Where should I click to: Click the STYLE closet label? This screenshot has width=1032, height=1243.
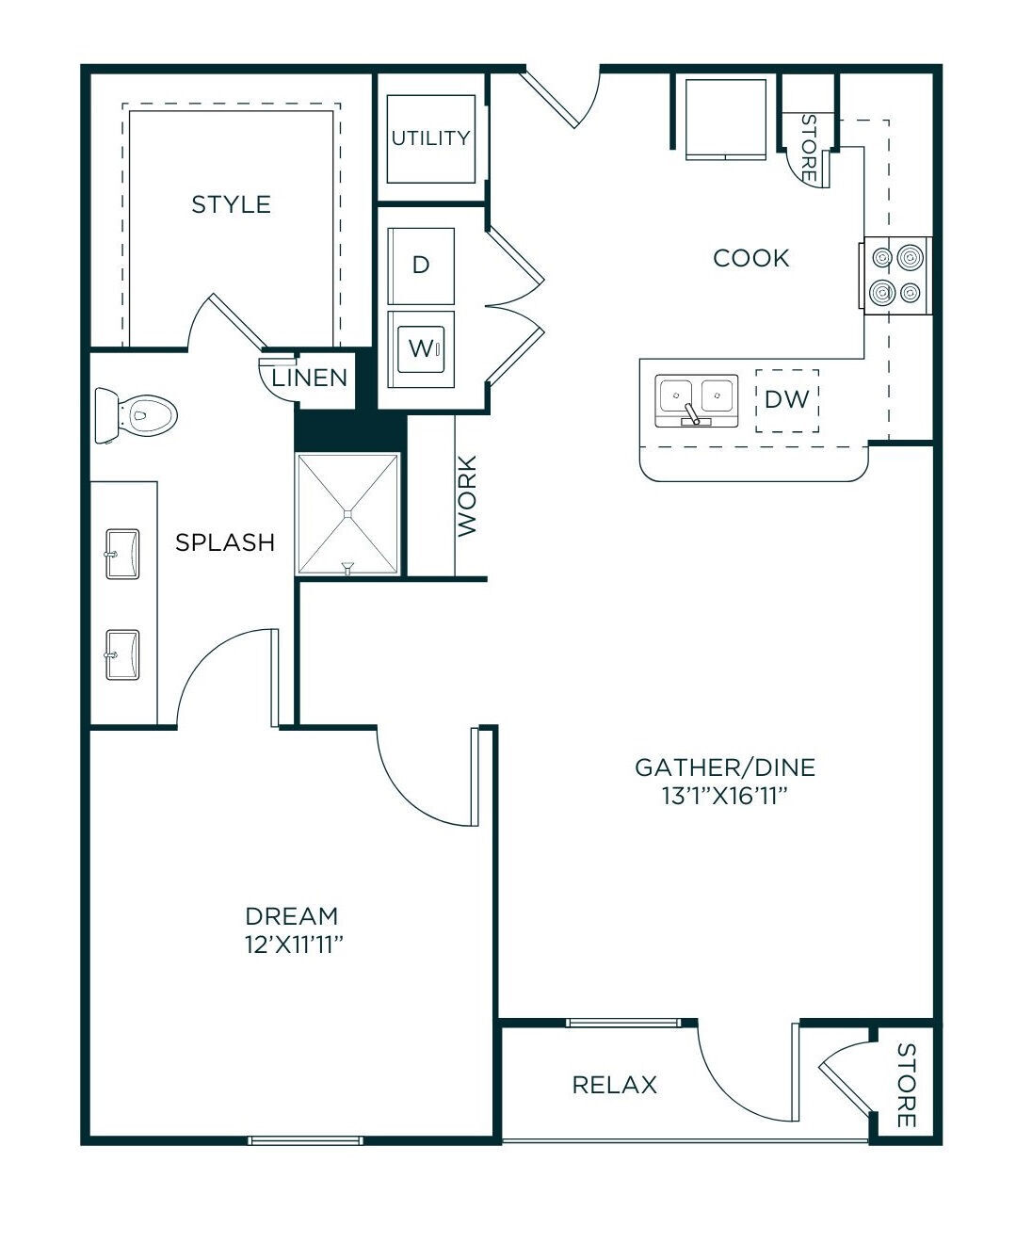231,204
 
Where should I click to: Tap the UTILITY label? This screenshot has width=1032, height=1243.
431,138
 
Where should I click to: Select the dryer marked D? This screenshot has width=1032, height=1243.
421,266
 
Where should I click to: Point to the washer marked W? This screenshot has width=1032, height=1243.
421,348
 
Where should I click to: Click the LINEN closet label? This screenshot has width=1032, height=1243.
310,378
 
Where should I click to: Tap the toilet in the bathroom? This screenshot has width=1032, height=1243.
137,415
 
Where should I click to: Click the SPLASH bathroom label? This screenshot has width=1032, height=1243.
225,541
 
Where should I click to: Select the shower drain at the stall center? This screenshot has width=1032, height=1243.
348,513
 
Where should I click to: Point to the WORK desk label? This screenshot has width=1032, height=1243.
467,495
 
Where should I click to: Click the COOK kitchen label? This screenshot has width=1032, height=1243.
751,258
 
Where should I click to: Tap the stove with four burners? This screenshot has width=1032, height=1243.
895,276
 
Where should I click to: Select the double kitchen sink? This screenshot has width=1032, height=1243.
697,400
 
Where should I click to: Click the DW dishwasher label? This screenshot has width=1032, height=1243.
787,399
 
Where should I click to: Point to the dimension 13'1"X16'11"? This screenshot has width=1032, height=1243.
725,796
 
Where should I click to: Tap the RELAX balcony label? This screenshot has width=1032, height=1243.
614,1085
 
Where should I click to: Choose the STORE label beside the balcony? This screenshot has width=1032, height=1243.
906,1085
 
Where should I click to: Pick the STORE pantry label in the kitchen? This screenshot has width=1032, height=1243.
808,148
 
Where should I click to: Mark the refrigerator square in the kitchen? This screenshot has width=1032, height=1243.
725,119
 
